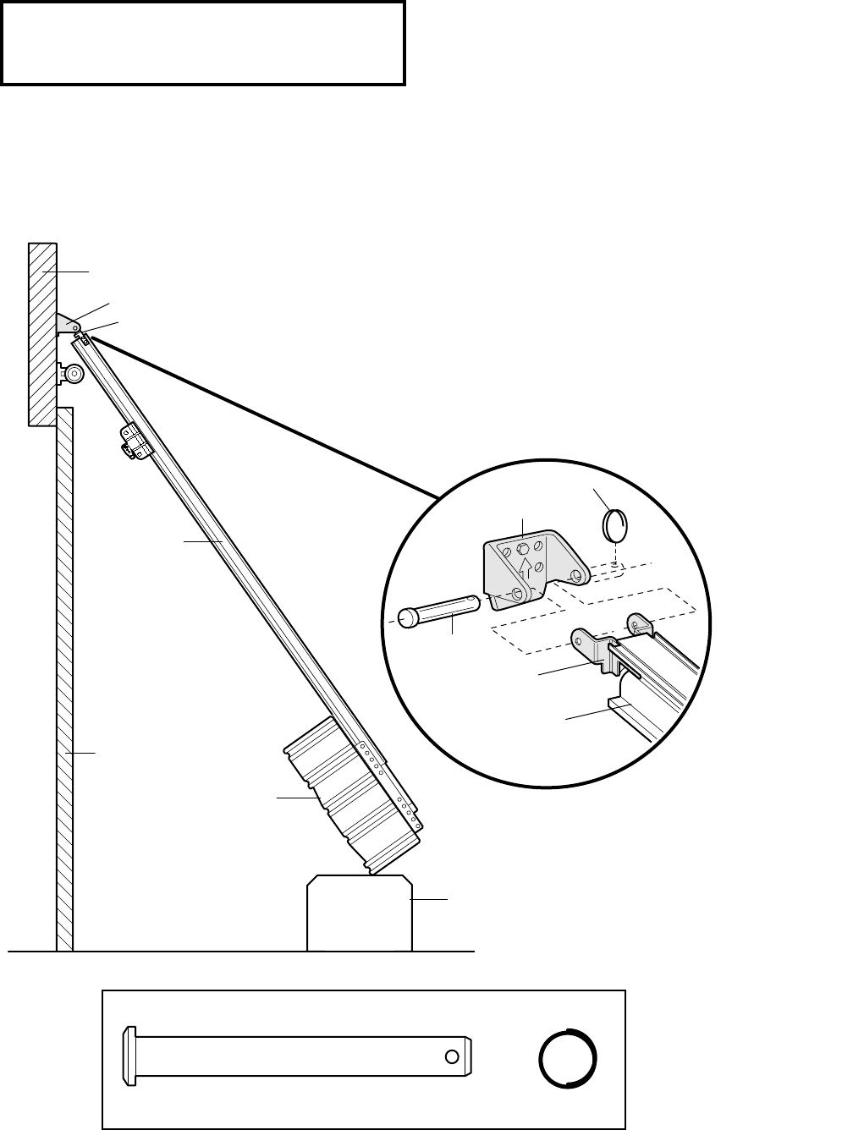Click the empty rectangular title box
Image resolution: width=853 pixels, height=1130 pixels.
click(203, 42)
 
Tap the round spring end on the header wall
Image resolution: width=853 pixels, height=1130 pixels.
click(73, 373)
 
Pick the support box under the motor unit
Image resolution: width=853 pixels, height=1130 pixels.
click(360, 913)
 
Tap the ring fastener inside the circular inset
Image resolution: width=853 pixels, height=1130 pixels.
click(615, 527)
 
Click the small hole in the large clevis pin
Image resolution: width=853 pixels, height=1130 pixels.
click(453, 1056)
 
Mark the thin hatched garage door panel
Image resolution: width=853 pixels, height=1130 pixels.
click(65, 677)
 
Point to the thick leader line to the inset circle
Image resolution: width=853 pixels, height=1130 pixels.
click(262, 414)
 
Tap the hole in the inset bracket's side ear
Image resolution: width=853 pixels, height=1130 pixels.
click(575, 576)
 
